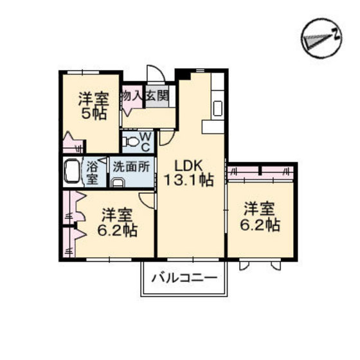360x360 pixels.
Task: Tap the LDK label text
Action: tap(184, 163)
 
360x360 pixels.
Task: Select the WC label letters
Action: tap(145, 141)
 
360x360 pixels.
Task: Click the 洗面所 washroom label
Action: tap(132, 164)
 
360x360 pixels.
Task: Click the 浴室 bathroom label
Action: tap(93, 172)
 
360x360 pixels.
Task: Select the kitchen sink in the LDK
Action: tap(219, 107)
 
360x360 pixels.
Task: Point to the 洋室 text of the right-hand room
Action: tap(260, 209)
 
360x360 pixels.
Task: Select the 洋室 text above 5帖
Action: tap(93, 100)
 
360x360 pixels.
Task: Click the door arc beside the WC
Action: tap(165, 136)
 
